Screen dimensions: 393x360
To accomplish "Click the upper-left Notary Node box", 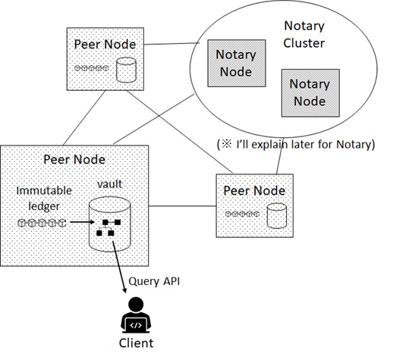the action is pyautogui.click(x=237, y=63).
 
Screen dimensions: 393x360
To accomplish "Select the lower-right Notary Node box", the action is pyautogui.click(x=310, y=92).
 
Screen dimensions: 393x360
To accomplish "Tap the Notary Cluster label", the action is pyautogui.click(x=304, y=34).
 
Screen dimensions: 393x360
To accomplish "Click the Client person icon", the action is pyautogui.click(x=136, y=315).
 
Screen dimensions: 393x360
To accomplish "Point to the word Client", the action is pyautogui.click(x=136, y=343).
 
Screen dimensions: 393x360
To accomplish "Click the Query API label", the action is pyautogui.click(x=154, y=281).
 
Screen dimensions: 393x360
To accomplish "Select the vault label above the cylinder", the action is pyautogui.click(x=110, y=184).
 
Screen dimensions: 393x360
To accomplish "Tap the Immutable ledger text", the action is pyautogui.click(x=44, y=199).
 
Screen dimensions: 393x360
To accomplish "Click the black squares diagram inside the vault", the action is pyautogui.click(x=108, y=227).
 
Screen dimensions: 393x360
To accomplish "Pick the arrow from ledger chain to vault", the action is pyautogui.click(x=82, y=222).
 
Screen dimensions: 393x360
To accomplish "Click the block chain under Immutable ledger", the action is pyautogui.click(x=42, y=223).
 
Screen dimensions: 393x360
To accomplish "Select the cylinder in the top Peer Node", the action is pyautogui.click(x=126, y=70).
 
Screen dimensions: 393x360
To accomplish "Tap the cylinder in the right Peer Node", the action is pyautogui.click(x=277, y=216).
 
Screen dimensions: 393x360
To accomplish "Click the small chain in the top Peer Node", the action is pyautogui.click(x=92, y=68).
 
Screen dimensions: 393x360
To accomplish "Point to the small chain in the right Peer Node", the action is pyautogui.click(x=243, y=214).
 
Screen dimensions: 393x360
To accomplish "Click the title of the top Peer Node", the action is pyautogui.click(x=105, y=45).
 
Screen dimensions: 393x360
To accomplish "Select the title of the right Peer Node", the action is pyautogui.click(x=254, y=191).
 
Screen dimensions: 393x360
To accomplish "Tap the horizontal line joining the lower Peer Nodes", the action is pyautogui.click(x=182, y=206).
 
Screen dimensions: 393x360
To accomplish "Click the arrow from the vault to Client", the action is pyautogui.click(x=118, y=267).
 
